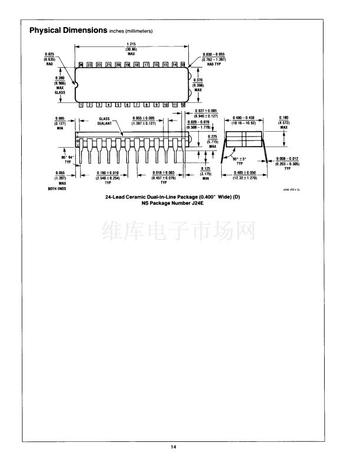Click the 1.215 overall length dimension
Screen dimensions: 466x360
tap(132, 49)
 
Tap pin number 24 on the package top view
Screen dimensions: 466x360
tap(81, 64)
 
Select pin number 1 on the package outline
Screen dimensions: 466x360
tap(81, 105)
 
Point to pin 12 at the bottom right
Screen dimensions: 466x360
tap(184, 105)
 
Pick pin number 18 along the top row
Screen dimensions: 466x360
tap(136, 64)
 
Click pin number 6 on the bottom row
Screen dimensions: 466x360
tap(128, 105)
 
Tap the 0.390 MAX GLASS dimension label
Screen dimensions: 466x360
tap(60, 85)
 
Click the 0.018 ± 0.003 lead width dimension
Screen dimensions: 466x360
tap(156, 175)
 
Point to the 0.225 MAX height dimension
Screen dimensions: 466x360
tap(213, 141)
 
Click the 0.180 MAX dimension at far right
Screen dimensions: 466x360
tap(284, 121)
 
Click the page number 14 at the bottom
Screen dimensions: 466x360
tap(174, 447)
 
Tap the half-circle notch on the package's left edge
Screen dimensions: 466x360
tap(75, 84)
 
